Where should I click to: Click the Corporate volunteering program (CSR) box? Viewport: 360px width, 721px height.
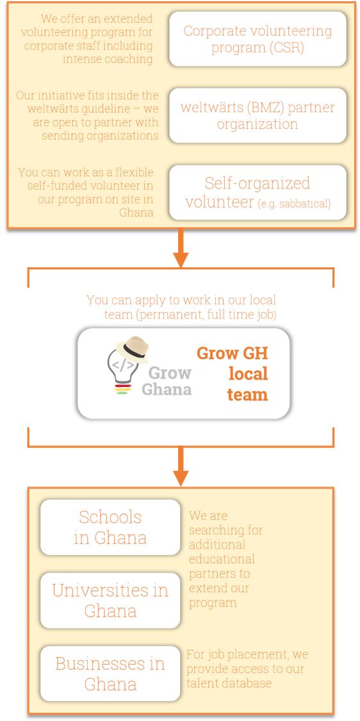(258, 39)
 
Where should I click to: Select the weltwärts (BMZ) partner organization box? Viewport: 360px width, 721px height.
(258, 115)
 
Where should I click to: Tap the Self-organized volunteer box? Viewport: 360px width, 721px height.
(258, 192)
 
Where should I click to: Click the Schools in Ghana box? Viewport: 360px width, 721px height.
(110, 527)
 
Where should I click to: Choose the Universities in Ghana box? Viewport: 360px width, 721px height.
(110, 600)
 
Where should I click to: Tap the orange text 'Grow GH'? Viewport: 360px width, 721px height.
(232, 353)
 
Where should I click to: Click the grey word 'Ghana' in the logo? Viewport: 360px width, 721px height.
(167, 389)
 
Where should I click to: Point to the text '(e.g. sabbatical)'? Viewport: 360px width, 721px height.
(294, 203)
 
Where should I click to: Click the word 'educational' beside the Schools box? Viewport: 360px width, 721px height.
(222, 559)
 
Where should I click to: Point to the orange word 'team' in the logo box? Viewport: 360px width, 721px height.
(249, 395)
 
